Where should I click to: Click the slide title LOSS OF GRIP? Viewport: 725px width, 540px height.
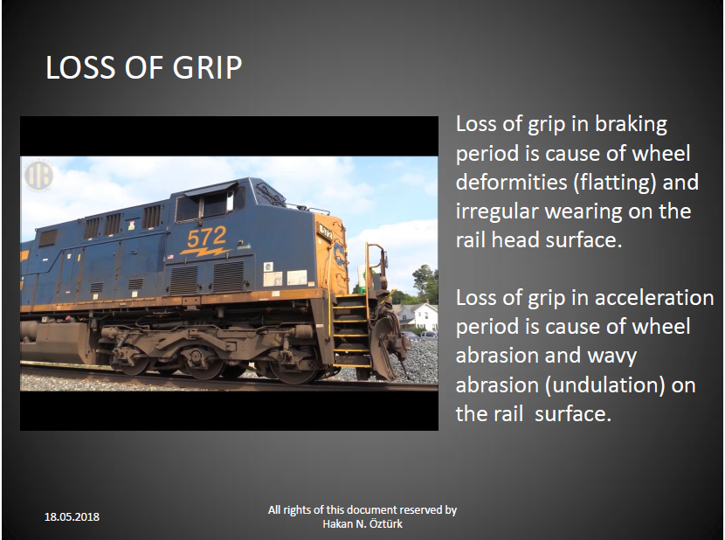pyautogui.click(x=144, y=67)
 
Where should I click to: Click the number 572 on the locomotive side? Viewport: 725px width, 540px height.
pyautogui.click(x=206, y=237)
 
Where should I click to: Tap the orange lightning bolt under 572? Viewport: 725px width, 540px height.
pyautogui.click(x=204, y=252)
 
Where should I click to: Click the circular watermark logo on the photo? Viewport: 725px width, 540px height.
pyautogui.click(x=38, y=176)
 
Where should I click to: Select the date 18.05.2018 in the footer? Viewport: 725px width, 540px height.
pyautogui.click(x=72, y=517)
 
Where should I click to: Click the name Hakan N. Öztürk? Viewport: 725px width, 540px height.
pyautogui.click(x=362, y=523)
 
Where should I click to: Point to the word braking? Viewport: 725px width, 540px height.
pyautogui.click(x=631, y=125)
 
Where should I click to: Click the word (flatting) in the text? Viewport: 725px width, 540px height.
pyautogui.click(x=615, y=183)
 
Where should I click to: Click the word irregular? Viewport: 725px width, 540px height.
pyautogui.click(x=496, y=212)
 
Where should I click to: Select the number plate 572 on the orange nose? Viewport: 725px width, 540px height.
pyautogui.click(x=325, y=232)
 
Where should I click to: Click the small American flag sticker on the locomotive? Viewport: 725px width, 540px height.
pyautogui.click(x=170, y=257)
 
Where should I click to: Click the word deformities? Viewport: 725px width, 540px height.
pyautogui.click(x=511, y=183)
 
